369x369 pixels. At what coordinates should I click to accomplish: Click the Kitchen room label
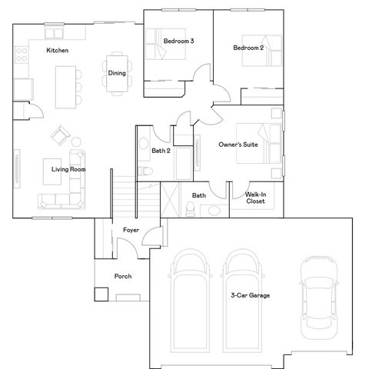(58, 50)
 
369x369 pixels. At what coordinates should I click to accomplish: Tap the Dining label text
(117, 74)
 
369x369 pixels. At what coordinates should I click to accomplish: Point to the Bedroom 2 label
(248, 48)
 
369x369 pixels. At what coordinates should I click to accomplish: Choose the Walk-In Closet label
(255, 198)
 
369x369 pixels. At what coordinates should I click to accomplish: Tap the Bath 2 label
(161, 151)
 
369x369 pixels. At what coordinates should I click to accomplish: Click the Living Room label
(68, 169)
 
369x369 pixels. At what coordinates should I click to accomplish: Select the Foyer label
(131, 230)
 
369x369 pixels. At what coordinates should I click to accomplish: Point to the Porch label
(123, 276)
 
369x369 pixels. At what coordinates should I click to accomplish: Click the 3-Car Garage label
(250, 294)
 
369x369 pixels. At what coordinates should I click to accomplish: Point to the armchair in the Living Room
(59, 136)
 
